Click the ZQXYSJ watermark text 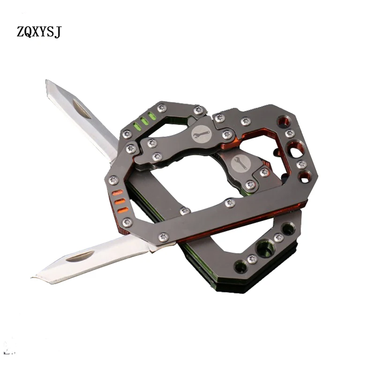pyautogui.click(x=39, y=31)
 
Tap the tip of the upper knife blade pyautogui.click(x=46, y=80)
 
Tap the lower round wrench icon pyautogui.click(x=240, y=163)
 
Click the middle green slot pyautogui.click(x=143, y=121)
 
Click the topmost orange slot pyautogui.click(x=117, y=192)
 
